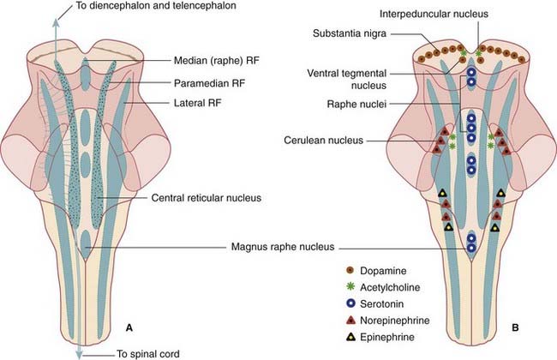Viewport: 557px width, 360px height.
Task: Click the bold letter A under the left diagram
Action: coord(129,327)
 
